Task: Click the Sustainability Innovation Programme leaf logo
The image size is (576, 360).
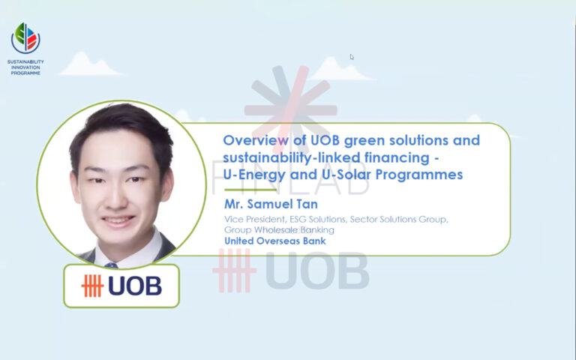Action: point(25,37)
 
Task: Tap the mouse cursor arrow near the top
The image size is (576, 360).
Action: point(352,57)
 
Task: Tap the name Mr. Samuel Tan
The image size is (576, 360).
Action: point(271,204)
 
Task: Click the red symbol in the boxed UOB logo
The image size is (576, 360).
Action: point(91,286)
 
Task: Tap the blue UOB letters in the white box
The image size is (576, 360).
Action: point(134,286)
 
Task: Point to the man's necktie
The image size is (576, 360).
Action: point(112,263)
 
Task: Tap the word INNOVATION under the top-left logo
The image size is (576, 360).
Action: point(25,67)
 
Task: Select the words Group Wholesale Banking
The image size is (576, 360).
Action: point(279,229)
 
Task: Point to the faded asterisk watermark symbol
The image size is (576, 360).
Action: point(291,100)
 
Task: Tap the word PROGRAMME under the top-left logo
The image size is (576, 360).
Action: point(25,72)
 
